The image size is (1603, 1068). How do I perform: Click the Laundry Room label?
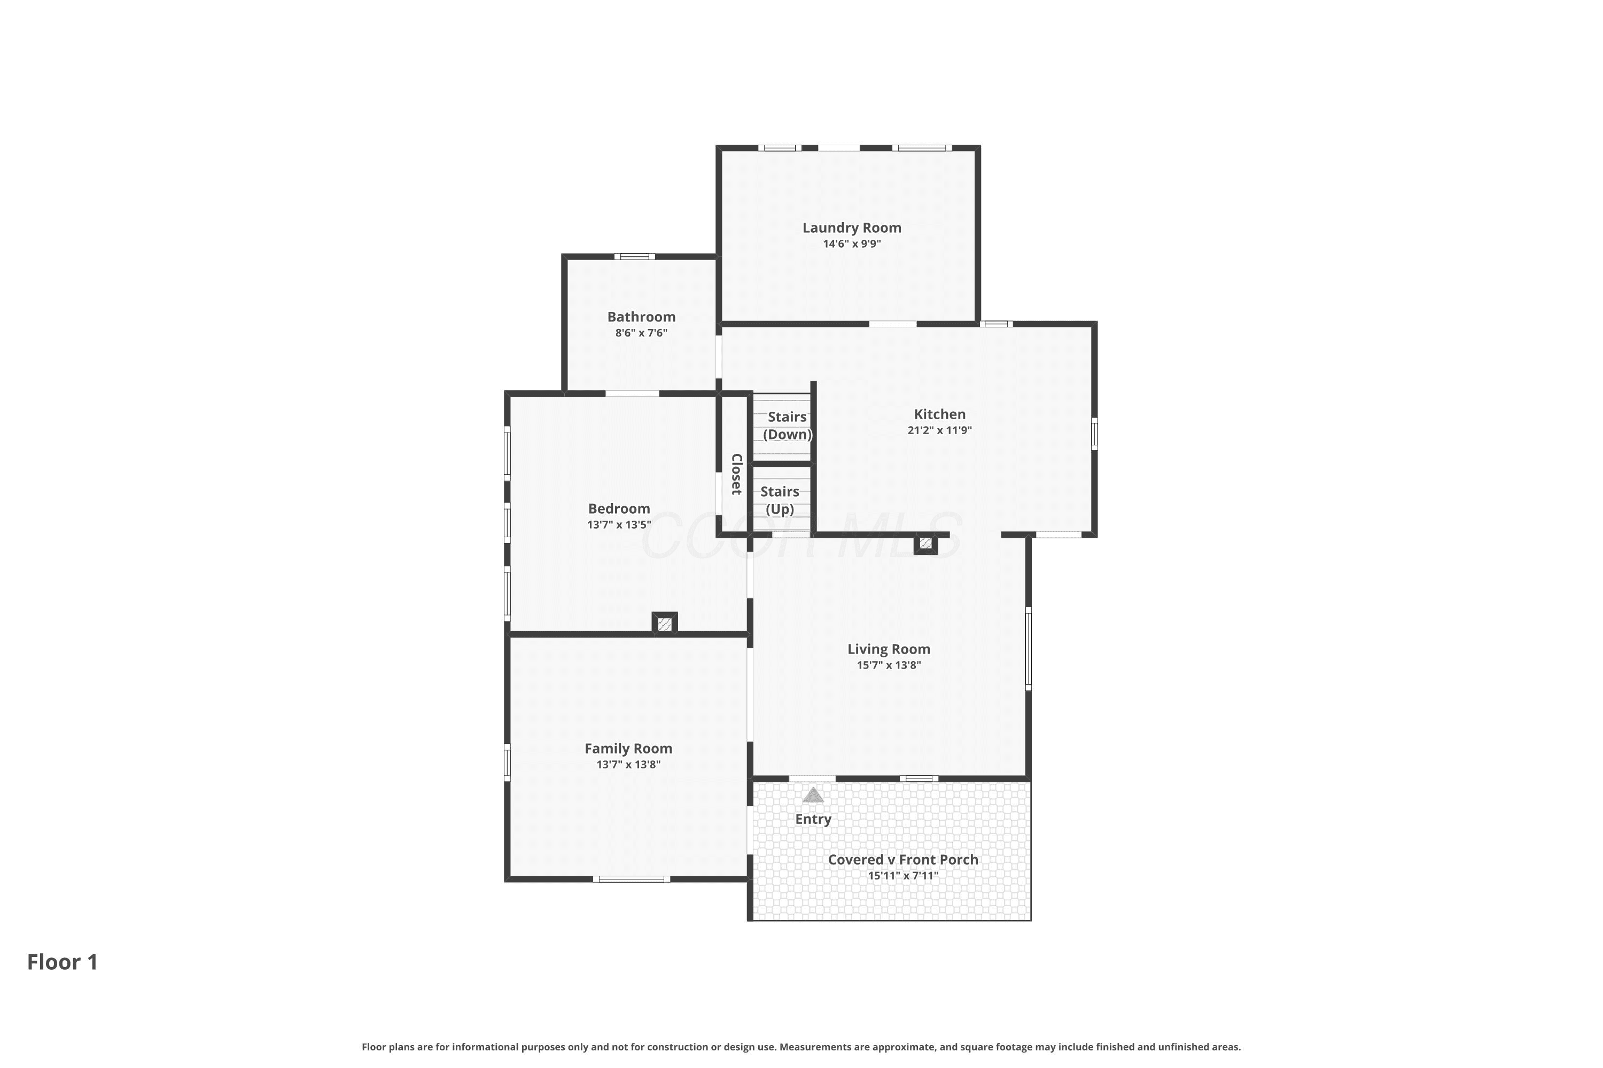[x=851, y=228]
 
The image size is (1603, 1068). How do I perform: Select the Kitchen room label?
[x=939, y=414]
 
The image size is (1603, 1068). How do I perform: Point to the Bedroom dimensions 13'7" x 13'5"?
[x=619, y=525]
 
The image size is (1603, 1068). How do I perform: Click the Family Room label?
[x=628, y=749]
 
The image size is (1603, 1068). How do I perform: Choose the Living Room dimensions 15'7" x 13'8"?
[x=889, y=665]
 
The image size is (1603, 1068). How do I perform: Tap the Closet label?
[x=736, y=474]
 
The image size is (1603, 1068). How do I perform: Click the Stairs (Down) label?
[x=787, y=426]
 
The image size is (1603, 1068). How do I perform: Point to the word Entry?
[x=813, y=819]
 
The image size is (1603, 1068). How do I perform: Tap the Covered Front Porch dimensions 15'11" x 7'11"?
[x=903, y=876]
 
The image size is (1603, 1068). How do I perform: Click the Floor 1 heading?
[x=63, y=962]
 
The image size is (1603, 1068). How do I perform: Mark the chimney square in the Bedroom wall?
[x=665, y=623]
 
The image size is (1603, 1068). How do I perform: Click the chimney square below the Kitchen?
[x=925, y=544]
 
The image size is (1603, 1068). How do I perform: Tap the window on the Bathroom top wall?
[x=635, y=257]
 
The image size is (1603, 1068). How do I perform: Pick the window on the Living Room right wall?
[x=1029, y=648]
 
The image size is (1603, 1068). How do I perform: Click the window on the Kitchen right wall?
[x=1094, y=434]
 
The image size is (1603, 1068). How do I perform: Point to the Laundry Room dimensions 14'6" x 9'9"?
[x=852, y=244]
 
